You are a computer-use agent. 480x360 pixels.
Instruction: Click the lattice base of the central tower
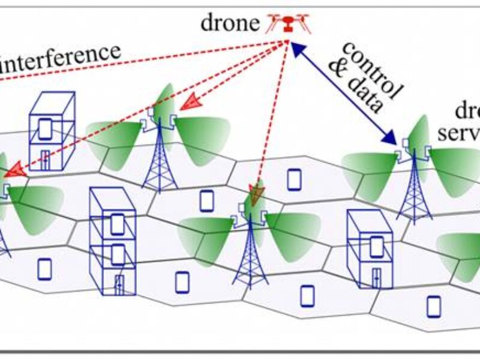click(250, 264)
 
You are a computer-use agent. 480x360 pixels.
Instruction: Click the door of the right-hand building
click(376, 276)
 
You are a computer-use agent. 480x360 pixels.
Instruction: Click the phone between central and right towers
click(293, 179)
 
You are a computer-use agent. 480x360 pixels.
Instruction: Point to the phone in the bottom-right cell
click(433, 306)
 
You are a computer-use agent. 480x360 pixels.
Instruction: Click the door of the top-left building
click(46, 160)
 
